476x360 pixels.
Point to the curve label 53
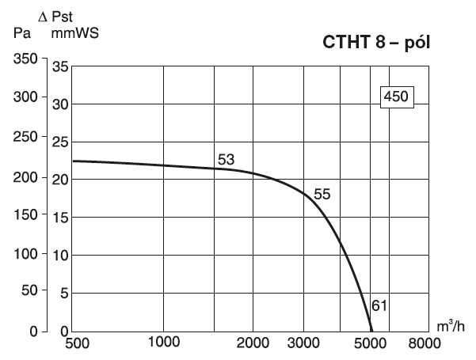pos(227,160)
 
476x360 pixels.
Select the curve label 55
pos(322,194)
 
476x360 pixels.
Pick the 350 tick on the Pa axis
pos(25,60)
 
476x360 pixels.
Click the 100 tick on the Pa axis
pos(25,255)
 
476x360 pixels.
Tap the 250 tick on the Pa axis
pos(25,138)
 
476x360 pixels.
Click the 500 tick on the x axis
pos(74,344)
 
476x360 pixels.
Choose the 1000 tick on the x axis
pos(163,344)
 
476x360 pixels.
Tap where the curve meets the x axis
pos(371,332)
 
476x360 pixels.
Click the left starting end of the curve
pos(74,161)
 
